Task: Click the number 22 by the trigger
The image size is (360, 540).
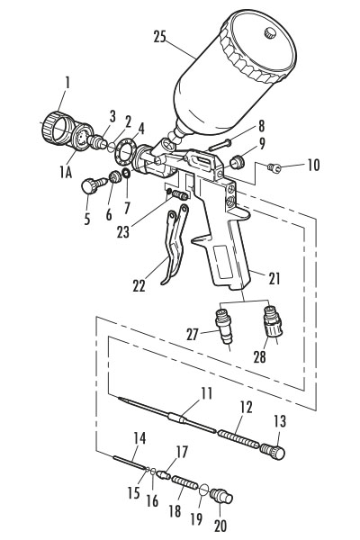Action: point(139,286)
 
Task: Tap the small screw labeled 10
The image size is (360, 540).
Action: point(277,166)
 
